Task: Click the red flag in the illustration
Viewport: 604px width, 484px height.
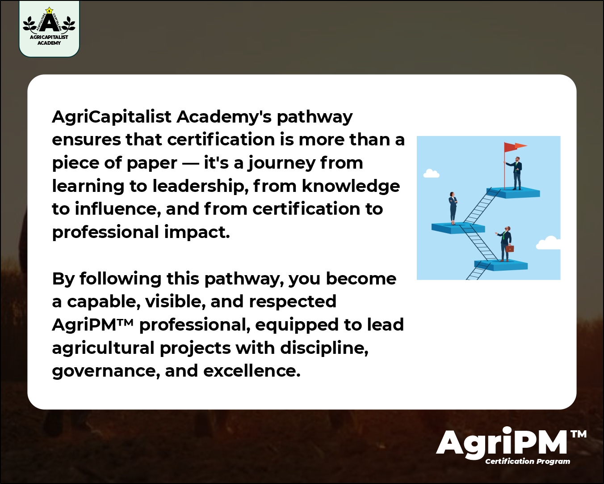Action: (514, 147)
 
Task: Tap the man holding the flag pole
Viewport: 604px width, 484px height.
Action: (517, 173)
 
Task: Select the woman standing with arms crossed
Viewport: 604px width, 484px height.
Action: (453, 208)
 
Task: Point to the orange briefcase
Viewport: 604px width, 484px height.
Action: (510, 248)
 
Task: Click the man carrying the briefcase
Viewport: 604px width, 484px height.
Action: (505, 244)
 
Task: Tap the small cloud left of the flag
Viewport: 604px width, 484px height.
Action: (431, 174)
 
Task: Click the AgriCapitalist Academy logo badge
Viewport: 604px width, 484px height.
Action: (49, 29)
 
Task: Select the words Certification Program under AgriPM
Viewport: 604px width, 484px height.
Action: (528, 461)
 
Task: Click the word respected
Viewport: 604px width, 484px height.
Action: (293, 302)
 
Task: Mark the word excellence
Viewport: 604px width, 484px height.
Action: (252, 371)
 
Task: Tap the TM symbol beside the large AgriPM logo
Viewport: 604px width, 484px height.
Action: (579, 434)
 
